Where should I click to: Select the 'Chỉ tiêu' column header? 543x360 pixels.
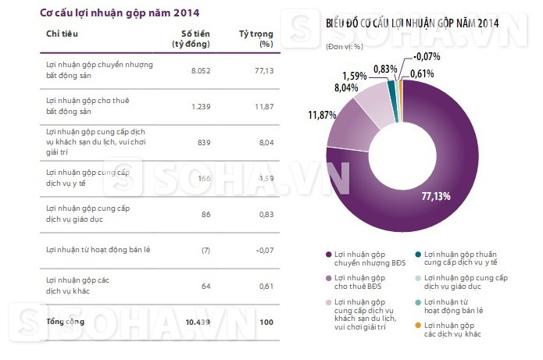[62, 34]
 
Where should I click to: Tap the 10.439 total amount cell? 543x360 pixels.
[198, 322]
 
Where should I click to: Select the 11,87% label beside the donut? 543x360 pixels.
[322, 116]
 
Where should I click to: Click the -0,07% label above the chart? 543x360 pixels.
[428, 55]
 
